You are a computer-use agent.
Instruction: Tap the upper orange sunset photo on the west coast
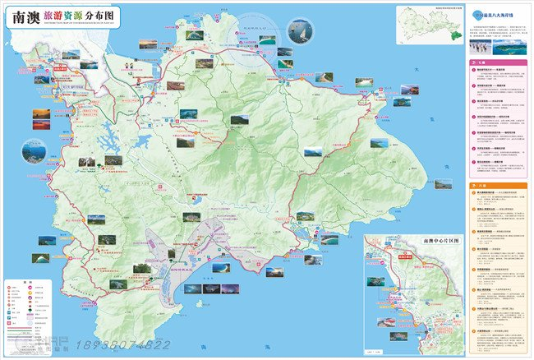[41, 114]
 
